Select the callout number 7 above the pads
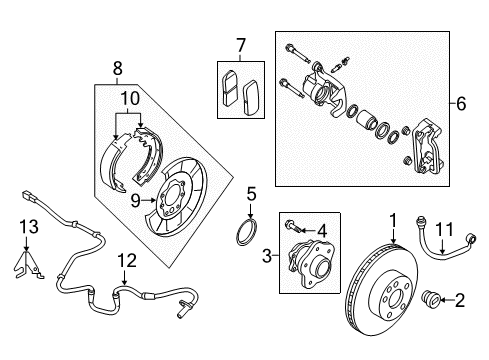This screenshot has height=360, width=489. [x=239, y=47]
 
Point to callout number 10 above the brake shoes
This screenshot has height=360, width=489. [x=128, y=99]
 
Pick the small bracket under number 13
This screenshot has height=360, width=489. [x=30, y=262]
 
